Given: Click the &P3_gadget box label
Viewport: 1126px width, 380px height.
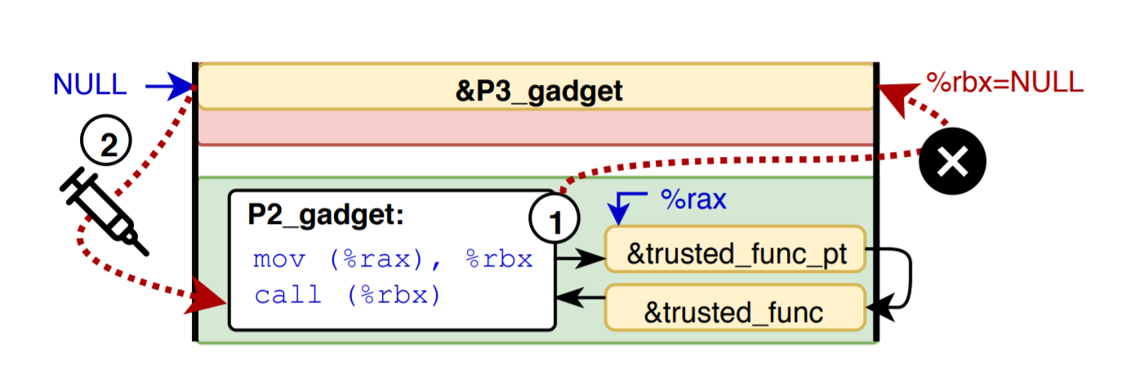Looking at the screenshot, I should click(x=539, y=90).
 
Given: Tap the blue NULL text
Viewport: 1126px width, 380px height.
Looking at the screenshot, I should click(x=90, y=84).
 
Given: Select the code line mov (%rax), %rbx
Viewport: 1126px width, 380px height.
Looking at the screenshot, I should click(x=393, y=260).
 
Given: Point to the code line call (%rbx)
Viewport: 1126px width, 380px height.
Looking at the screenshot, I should click(x=347, y=295).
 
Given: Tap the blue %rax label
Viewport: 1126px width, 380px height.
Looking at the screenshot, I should click(x=693, y=200).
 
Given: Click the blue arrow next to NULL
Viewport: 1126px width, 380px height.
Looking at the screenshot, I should click(x=170, y=85).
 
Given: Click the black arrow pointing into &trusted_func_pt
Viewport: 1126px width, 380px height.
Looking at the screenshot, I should click(x=581, y=260).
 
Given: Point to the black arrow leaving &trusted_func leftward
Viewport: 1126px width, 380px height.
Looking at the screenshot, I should click(x=581, y=299).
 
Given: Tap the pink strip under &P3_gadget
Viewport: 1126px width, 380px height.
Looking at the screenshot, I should click(x=536, y=127).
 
